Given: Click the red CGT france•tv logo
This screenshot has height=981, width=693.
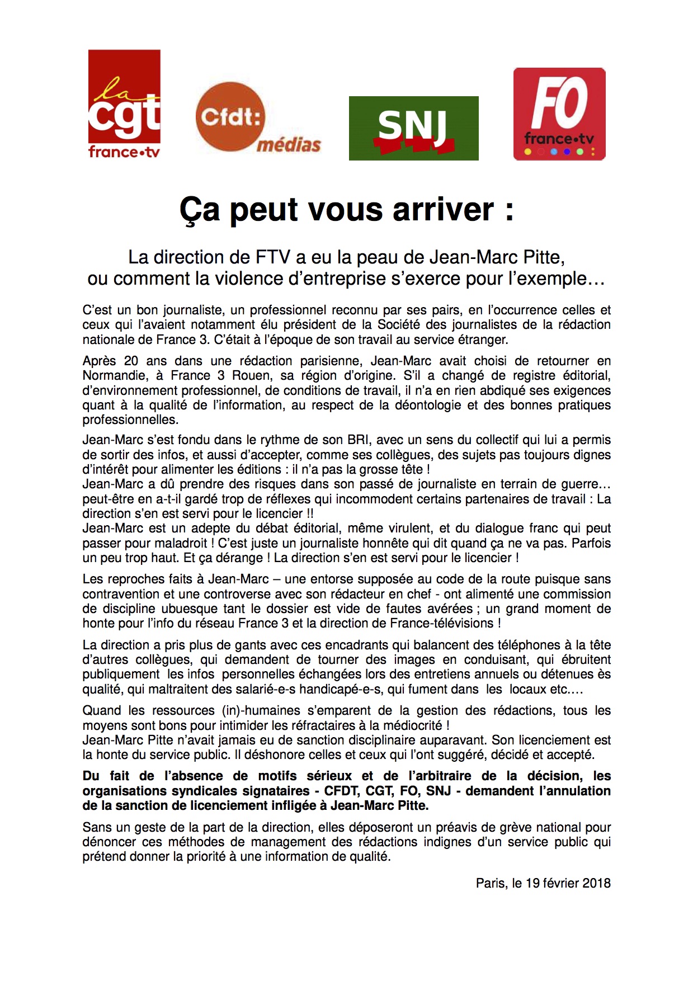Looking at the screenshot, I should click(x=124, y=104).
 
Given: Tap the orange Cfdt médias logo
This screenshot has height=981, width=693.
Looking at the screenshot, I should click(x=257, y=118).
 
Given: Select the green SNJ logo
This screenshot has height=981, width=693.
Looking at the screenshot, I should click(x=413, y=128).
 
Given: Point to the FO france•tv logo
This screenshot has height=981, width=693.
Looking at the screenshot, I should click(x=559, y=114).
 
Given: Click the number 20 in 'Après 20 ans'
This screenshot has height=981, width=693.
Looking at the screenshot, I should click(x=131, y=361).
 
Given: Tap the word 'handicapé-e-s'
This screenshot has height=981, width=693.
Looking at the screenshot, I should click(x=341, y=690).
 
